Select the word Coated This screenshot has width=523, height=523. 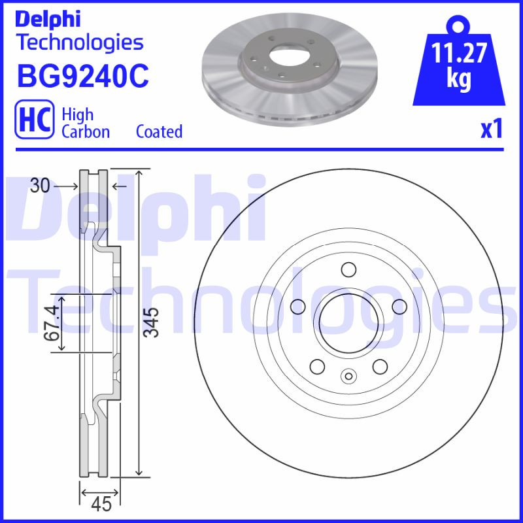[159, 131]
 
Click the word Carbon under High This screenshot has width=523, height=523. [85, 131]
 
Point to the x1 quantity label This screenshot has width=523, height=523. [492, 129]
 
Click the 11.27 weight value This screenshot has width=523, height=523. [459, 54]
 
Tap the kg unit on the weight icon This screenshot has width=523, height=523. [459, 79]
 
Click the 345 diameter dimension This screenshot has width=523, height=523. [151, 322]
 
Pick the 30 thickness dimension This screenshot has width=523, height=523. [40, 186]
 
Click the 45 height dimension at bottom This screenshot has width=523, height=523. [101, 504]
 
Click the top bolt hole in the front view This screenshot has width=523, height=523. [348, 269]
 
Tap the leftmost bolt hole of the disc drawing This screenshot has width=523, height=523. [298, 306]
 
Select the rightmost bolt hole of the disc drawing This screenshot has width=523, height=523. [397, 306]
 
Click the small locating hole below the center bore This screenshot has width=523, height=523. [348, 375]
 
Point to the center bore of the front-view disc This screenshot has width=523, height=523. [348, 322]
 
